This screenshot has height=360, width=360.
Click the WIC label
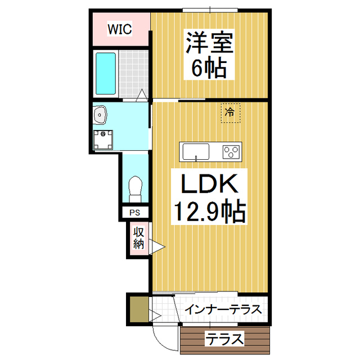pyautogui.click(x=120, y=29)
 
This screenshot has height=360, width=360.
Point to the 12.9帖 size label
pyautogui.click(x=208, y=212)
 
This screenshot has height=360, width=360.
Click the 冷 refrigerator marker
pyautogui.click(x=229, y=112)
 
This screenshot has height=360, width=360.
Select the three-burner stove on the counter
pyautogui.click(x=231, y=151)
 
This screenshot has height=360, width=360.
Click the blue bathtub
pyautogui.click(x=105, y=74)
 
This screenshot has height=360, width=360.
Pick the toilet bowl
pyautogui.click(x=136, y=187)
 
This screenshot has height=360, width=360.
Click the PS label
pyautogui.click(x=135, y=213)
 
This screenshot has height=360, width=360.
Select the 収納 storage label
pyautogui.click(x=138, y=238)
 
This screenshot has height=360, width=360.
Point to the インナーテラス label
pyautogui.click(x=223, y=310)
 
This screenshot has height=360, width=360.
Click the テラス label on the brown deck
pyautogui.click(x=224, y=339)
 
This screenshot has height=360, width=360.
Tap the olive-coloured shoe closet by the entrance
pyautogui.click(x=137, y=310)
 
